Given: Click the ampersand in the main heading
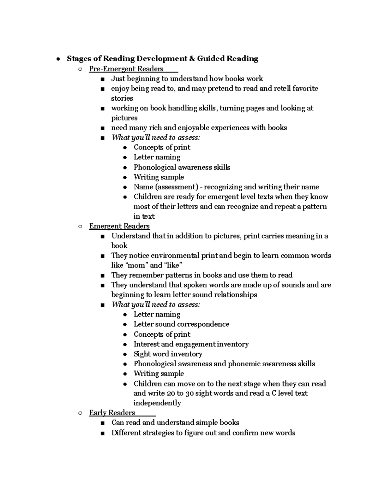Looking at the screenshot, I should click(192, 59).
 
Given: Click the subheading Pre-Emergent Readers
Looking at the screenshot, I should click(126, 69).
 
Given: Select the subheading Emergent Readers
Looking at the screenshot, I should click(119, 226).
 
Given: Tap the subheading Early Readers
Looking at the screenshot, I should click(112, 413).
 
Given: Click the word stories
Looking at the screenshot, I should click(122, 98).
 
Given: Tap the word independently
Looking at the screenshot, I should click(157, 403).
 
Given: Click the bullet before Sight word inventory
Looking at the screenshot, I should click(125, 354).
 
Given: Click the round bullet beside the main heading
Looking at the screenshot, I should click(57, 59).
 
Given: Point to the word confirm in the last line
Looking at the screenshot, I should click(245, 433).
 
